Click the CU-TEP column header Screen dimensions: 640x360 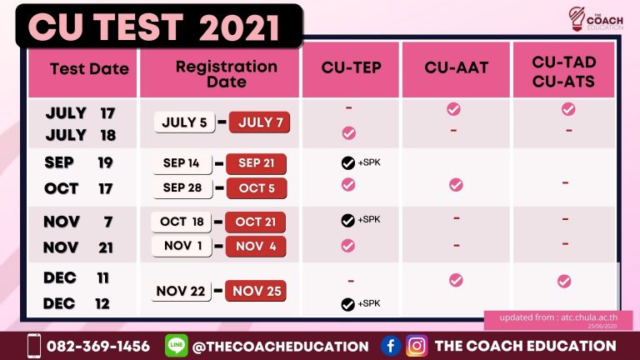[351, 67]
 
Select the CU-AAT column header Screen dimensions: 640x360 [457, 67]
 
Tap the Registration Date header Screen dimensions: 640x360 [227, 74]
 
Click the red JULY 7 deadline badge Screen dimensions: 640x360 [260, 122]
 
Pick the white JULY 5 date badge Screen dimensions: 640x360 [184, 122]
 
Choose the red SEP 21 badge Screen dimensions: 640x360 [256, 163]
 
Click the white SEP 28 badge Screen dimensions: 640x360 [182, 187]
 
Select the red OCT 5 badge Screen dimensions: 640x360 [257, 188]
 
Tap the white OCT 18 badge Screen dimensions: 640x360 [181, 222]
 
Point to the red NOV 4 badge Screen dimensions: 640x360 [256, 246]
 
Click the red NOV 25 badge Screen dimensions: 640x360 [256, 291]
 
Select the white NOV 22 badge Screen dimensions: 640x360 [181, 291]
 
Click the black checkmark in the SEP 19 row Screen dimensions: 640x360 [348, 162]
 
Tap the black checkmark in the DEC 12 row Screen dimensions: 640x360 [347, 304]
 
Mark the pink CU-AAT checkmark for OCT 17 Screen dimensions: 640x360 [456, 185]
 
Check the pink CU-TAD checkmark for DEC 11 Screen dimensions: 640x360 [564, 281]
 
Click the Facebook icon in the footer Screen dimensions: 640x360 [391, 346]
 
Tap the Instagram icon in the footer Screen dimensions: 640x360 [417, 346]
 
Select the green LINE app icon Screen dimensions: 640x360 [177, 345]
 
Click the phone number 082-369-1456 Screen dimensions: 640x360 [98, 347]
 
